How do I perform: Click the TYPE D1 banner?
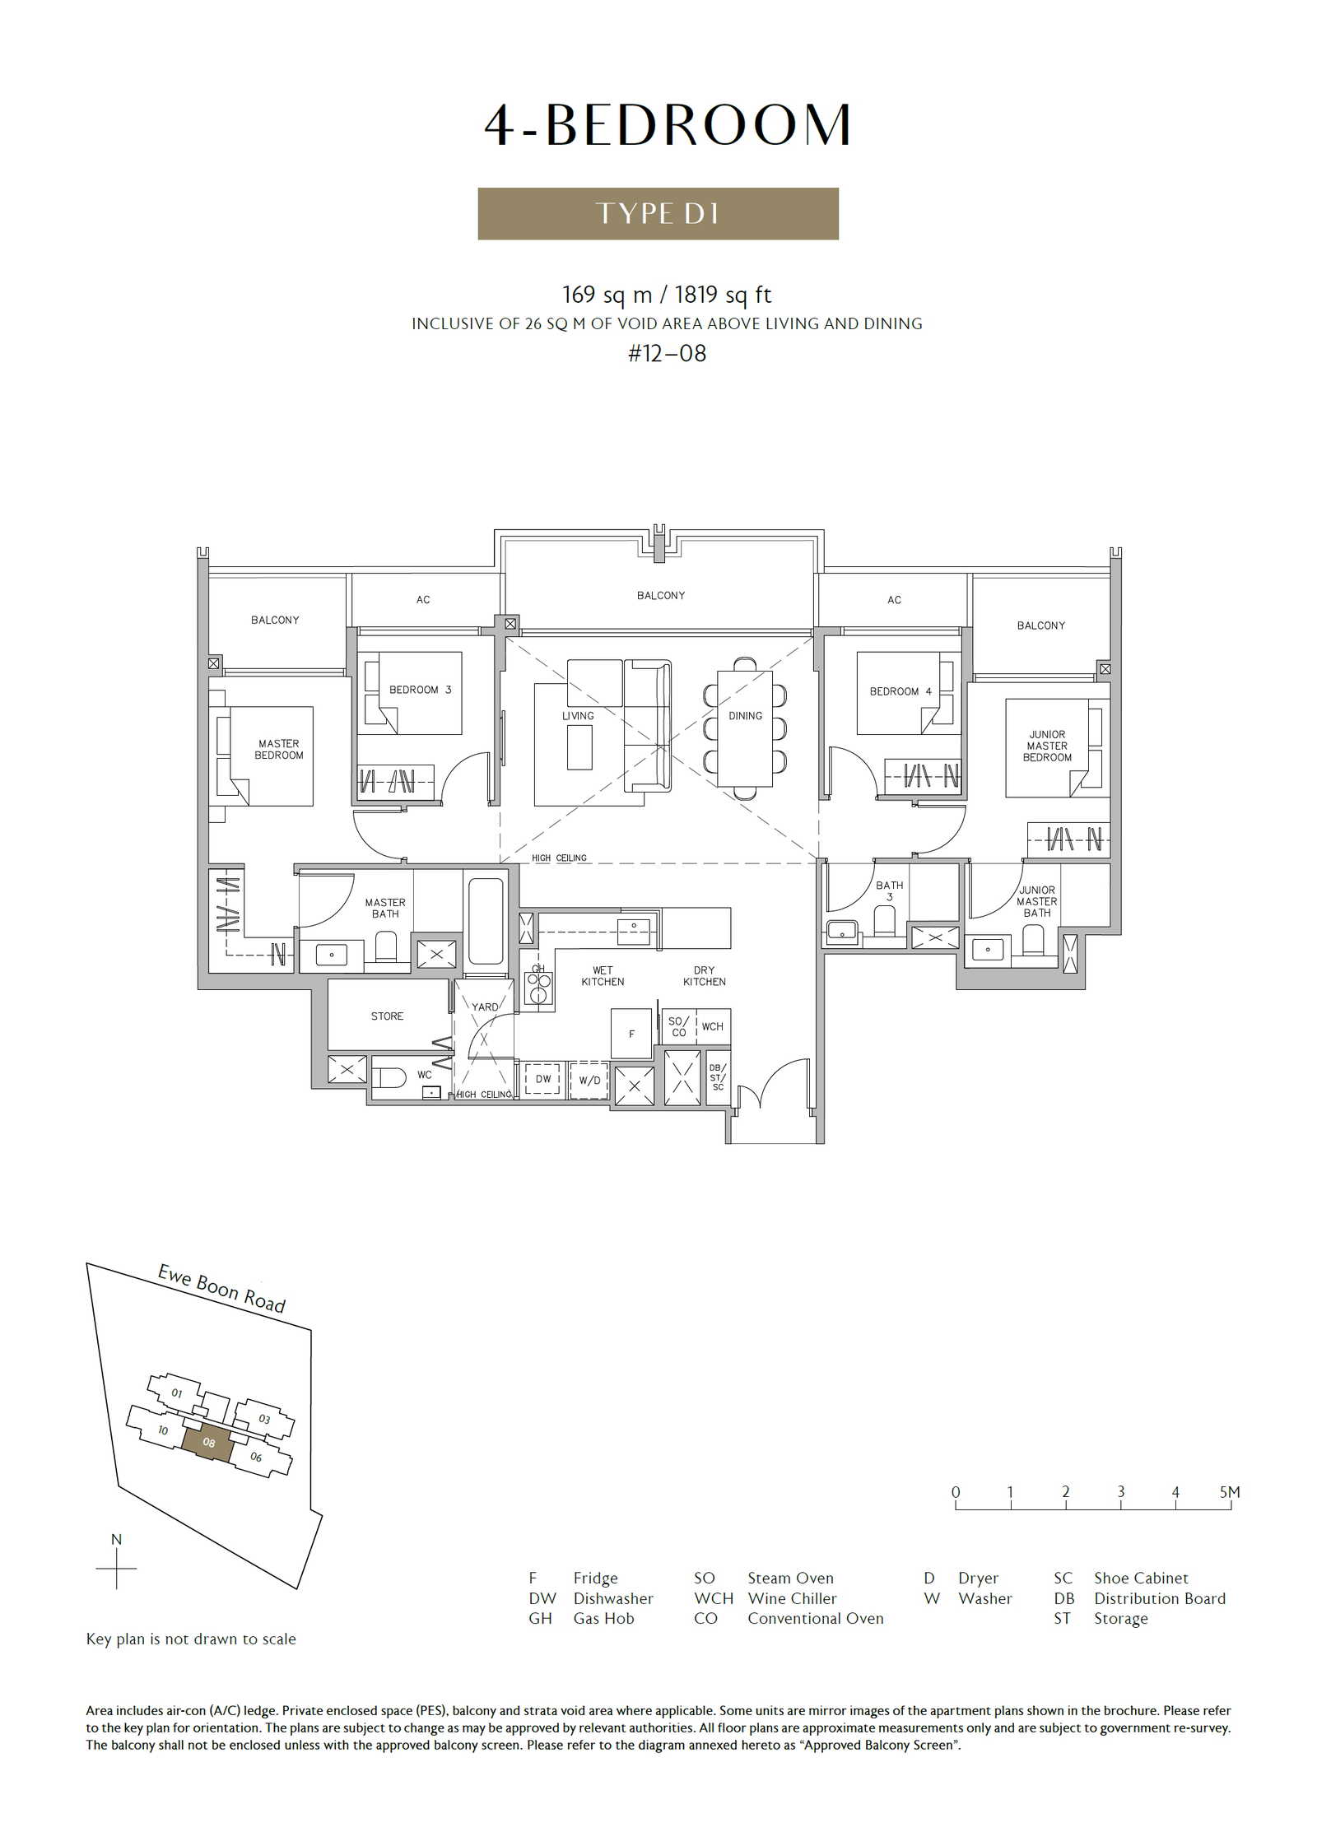[658, 213]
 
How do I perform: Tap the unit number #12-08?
[667, 354]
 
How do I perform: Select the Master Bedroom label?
[279, 749]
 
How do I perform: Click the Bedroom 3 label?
[420, 690]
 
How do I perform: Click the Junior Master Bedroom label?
[1047, 746]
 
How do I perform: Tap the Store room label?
[387, 1016]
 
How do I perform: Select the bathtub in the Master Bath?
[486, 921]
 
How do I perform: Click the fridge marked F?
[631, 1033]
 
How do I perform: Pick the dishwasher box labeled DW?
[543, 1079]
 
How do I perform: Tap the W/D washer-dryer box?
[589, 1081]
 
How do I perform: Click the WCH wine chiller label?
[713, 1026]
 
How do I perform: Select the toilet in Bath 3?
[885, 921]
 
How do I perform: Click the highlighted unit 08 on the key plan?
[208, 1443]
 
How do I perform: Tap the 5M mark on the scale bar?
[1230, 1492]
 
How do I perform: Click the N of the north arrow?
[116, 1539]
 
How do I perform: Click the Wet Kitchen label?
[603, 976]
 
